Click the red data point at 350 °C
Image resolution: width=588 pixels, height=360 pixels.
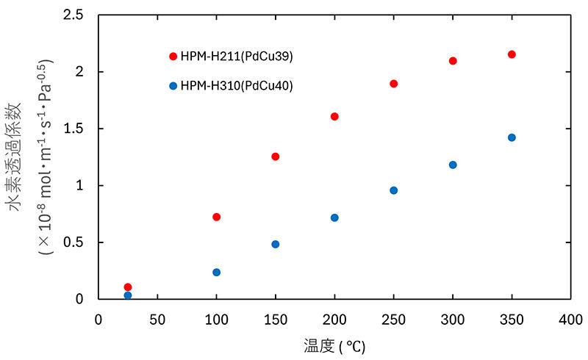(512, 54)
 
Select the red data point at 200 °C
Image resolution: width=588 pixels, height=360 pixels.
(334, 116)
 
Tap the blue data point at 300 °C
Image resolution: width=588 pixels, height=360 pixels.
(453, 165)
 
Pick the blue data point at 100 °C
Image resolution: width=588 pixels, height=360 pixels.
(216, 272)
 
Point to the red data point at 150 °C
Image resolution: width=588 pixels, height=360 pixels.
(276, 156)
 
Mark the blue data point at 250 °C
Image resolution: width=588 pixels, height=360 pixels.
(393, 190)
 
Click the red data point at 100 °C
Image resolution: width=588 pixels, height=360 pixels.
(216, 217)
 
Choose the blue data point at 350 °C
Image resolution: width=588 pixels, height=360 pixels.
(512, 137)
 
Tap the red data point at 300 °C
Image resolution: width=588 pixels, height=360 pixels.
(453, 61)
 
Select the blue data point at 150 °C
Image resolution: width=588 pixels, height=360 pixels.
(276, 244)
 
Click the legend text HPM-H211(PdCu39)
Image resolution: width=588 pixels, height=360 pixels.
(237, 56)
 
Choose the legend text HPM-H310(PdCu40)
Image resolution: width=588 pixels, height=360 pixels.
(237, 85)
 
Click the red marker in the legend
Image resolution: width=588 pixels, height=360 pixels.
(173, 56)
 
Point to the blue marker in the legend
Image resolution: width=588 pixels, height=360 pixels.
(173, 85)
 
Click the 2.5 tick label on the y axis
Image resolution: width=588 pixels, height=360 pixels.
(73, 15)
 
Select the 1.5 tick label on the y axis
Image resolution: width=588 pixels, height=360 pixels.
(73, 129)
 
